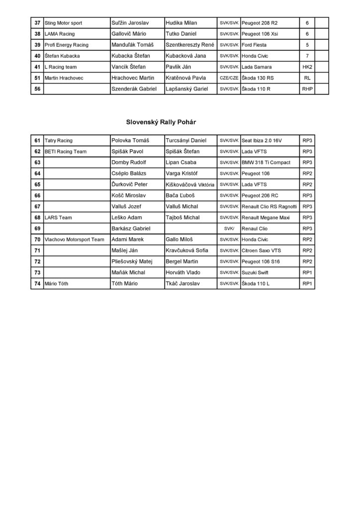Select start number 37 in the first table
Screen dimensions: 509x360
coord(37,23)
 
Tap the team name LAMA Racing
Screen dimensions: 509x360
coord(60,34)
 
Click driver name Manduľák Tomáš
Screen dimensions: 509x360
coord(133,45)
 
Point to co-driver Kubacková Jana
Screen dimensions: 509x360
coord(184,56)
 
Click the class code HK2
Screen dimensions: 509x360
coord(307,67)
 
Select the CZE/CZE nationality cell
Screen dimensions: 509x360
coord(229,78)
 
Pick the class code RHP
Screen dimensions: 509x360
coord(307,88)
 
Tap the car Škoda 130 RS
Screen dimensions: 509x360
coord(259,78)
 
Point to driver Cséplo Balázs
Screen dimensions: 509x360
coord(131,173)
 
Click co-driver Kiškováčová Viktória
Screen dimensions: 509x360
coord(190,184)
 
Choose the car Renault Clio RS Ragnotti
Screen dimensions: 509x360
coord(269,206)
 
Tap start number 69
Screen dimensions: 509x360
coord(37,228)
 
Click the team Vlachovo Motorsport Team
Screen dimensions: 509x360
coord(74,239)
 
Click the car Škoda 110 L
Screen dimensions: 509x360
coord(256,283)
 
